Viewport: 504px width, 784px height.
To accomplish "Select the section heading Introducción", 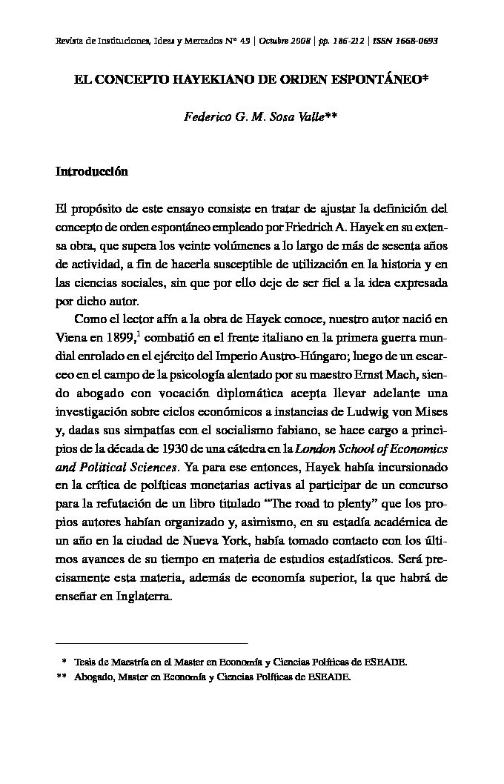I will (92, 172).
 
